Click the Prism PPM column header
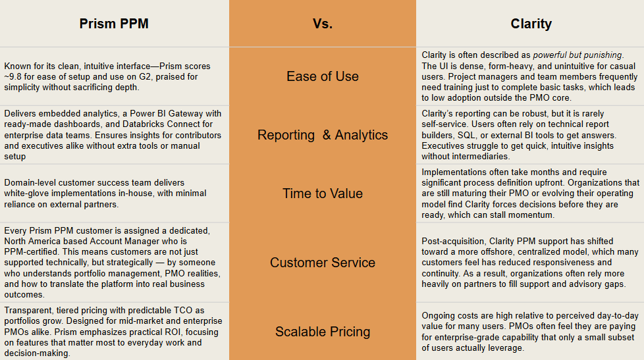tap(114, 24)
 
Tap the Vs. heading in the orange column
tap(323, 24)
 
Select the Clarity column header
tap(531, 24)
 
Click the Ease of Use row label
tap(323, 76)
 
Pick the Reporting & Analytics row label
tap(323, 135)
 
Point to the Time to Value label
tap(323, 193)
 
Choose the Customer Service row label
tap(323, 263)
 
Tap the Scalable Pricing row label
tap(323, 332)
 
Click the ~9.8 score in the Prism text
tap(15, 77)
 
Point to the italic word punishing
tap(601, 55)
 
